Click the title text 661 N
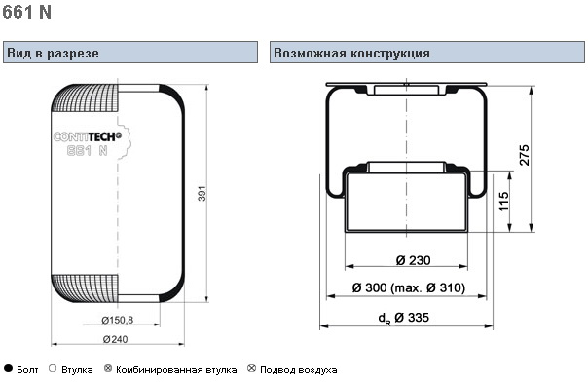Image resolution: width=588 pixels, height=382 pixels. [x=26, y=12]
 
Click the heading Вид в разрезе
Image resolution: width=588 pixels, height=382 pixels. [x=53, y=53]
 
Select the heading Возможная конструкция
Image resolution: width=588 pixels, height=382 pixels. [x=351, y=53]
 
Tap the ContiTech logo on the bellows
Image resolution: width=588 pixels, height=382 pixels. [x=88, y=137]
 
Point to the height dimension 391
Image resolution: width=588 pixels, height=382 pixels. [x=202, y=193]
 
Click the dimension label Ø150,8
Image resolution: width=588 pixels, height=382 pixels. [x=118, y=320]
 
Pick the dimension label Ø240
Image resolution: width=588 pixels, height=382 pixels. [x=115, y=339]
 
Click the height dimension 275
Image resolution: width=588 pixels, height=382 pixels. [x=524, y=155]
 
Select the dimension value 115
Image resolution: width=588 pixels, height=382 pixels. [x=504, y=201]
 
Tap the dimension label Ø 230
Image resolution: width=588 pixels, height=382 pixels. [x=413, y=260]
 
